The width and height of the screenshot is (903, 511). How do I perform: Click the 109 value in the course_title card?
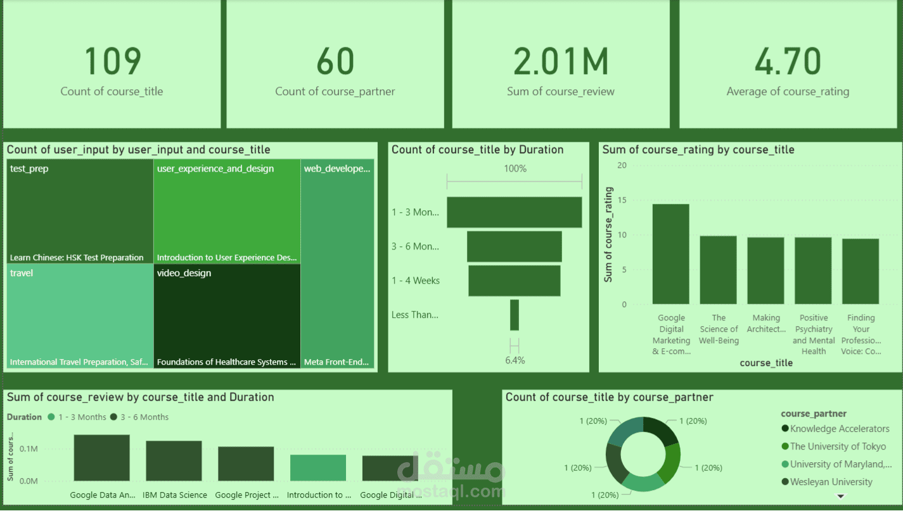(x=112, y=61)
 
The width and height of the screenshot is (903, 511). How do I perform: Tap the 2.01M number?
(x=560, y=61)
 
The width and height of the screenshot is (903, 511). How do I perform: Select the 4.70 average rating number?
(x=788, y=61)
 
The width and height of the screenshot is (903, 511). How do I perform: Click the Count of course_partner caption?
(x=335, y=92)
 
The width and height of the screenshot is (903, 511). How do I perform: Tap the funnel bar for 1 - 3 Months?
(x=514, y=212)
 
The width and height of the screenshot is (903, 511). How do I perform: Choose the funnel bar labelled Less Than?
(x=514, y=315)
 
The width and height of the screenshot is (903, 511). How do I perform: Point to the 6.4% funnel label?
(x=515, y=360)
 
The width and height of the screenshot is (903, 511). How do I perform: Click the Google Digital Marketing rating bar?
(x=670, y=254)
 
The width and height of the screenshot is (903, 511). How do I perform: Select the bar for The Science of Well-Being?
(x=718, y=270)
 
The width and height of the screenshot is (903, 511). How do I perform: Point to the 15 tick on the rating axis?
(x=622, y=200)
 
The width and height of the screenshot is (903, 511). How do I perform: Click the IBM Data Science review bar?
(x=174, y=460)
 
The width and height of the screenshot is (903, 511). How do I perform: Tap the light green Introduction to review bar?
(x=318, y=467)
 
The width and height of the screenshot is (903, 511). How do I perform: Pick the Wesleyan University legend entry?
(x=831, y=482)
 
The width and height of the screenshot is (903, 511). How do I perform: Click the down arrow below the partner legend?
(x=841, y=496)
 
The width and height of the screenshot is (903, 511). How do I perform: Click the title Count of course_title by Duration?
(x=477, y=150)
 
